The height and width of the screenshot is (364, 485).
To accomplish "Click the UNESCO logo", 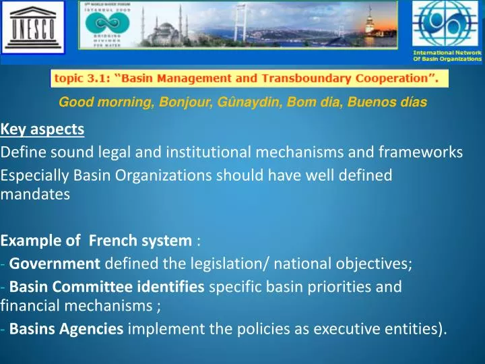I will click(x=32, y=31).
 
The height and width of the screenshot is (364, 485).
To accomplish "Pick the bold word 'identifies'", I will click(x=173, y=286).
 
